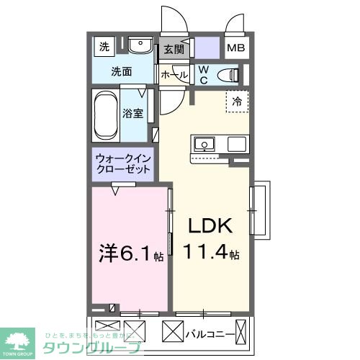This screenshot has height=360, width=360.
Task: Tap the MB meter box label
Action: point(235,49)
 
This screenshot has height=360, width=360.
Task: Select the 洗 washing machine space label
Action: point(104,48)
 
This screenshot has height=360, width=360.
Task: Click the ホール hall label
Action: point(174,74)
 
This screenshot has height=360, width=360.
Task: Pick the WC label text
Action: point(204,74)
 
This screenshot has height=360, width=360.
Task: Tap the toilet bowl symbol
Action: point(229,74)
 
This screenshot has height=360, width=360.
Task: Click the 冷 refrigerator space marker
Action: point(236,102)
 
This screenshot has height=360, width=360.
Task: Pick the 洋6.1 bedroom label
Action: point(126,253)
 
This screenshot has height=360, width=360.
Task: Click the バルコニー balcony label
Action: point(210,334)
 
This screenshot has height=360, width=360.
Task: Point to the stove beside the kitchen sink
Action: point(237,144)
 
